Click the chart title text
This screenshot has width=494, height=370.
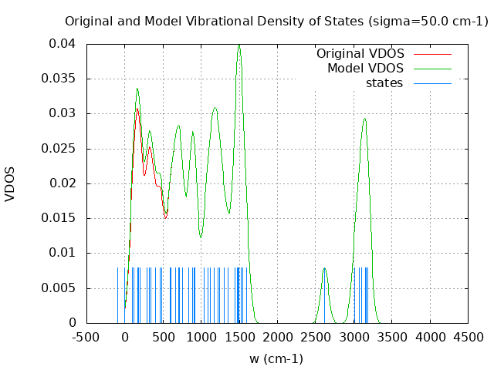tap(276, 21)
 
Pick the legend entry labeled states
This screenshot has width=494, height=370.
tap(384, 83)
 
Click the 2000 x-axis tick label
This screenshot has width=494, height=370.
tap(277, 337)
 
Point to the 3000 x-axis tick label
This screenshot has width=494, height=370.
tap(354, 337)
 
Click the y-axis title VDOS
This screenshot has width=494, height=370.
tap(10, 183)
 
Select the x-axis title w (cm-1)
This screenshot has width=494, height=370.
tap(276, 358)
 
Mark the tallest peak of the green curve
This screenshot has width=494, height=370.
tap(239, 45)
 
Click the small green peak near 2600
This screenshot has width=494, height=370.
tap(324, 268)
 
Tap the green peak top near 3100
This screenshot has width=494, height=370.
tap(364, 119)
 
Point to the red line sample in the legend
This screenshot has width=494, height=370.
tap(432, 54)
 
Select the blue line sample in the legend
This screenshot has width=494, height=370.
tap(432, 83)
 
